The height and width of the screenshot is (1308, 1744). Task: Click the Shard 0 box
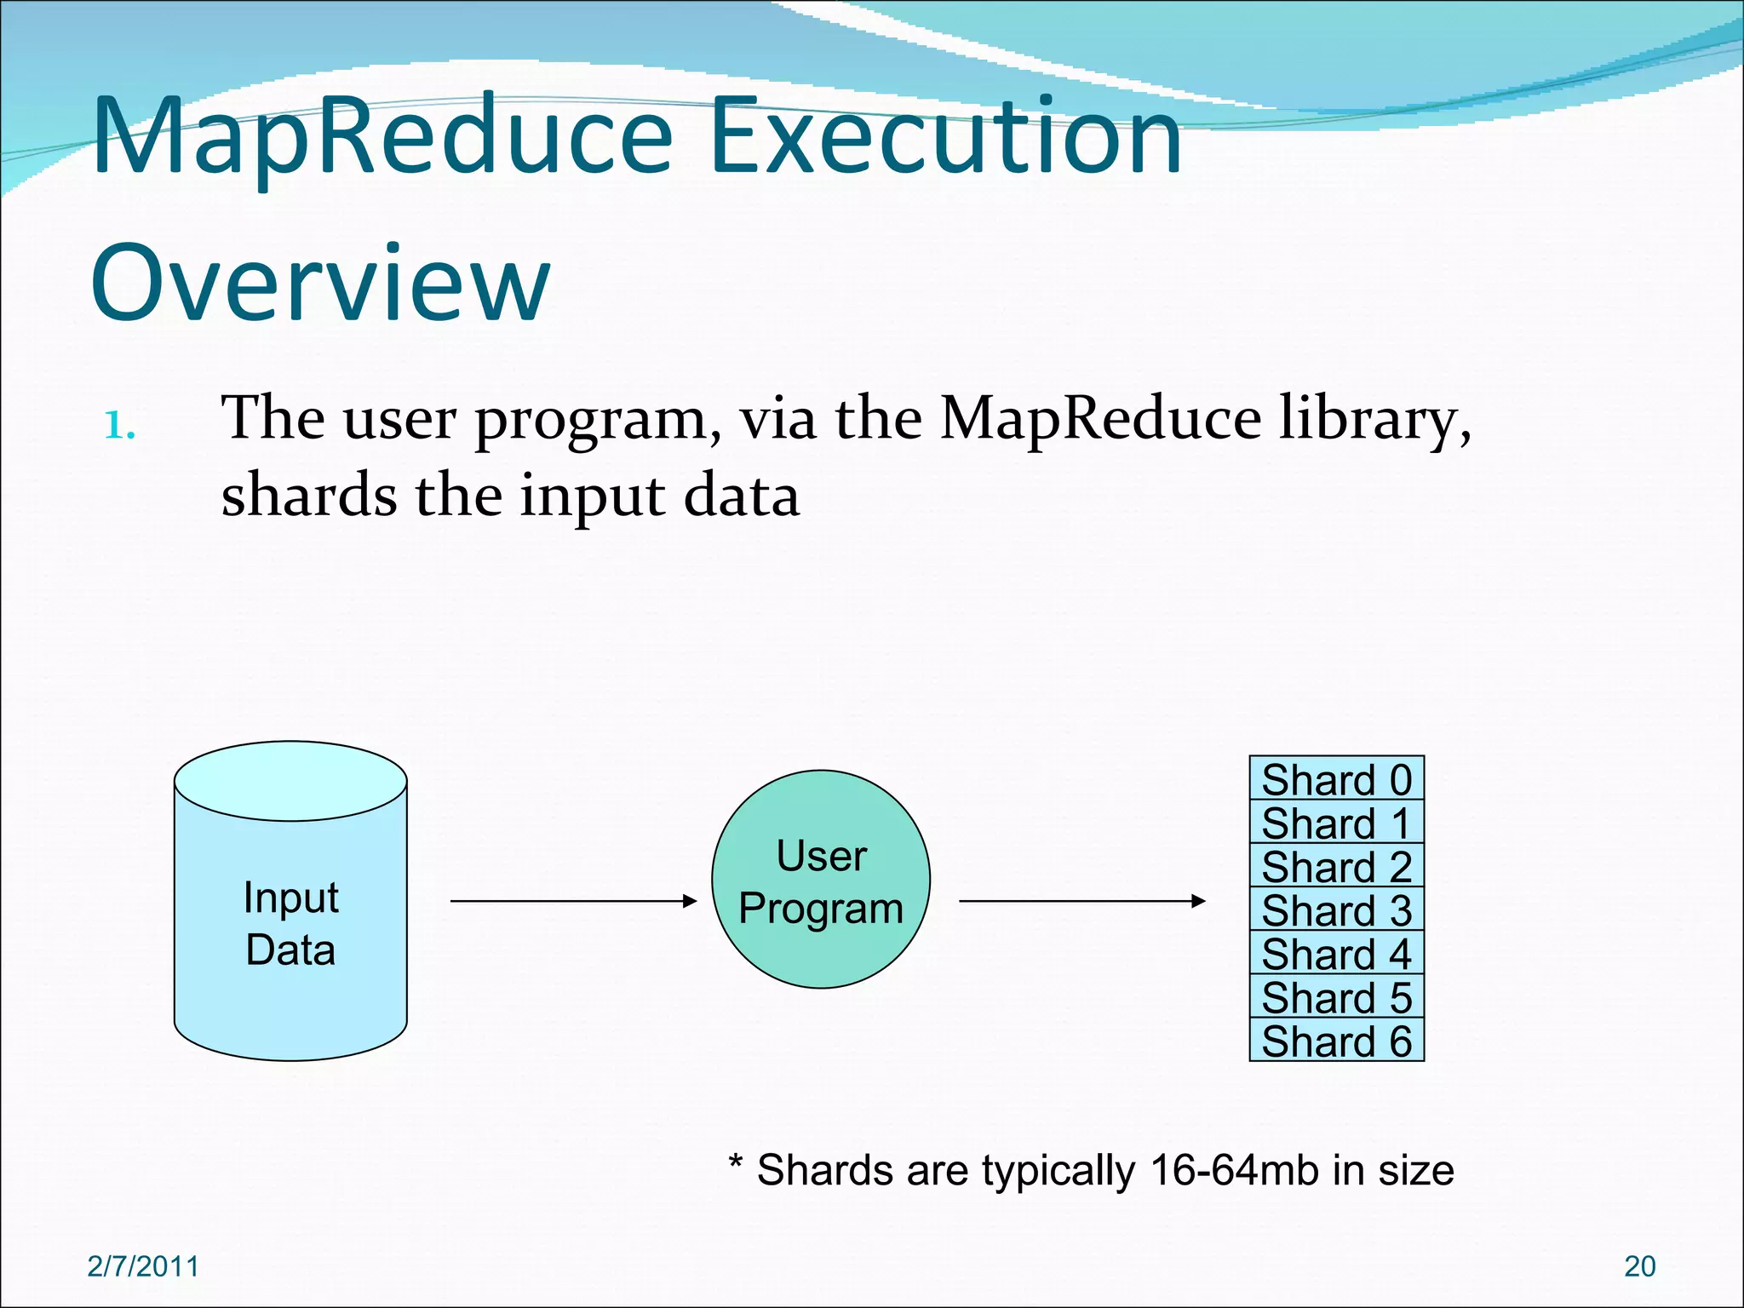click(1336, 778)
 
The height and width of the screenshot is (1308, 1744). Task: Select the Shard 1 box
click(1336, 822)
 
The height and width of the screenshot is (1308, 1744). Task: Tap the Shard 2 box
click(1336, 866)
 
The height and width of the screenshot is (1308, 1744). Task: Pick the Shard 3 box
click(1336, 909)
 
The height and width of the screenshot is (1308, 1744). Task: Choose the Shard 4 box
click(1336, 953)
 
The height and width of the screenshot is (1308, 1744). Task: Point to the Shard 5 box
click(1336, 996)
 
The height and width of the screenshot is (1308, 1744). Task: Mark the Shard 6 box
click(1336, 1040)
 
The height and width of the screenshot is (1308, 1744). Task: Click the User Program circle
click(821, 880)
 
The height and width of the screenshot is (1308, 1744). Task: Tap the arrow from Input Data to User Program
click(573, 901)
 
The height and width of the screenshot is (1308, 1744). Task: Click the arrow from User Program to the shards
click(1081, 901)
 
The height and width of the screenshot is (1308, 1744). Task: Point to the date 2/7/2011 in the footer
click(143, 1266)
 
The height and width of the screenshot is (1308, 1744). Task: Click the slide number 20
click(1639, 1266)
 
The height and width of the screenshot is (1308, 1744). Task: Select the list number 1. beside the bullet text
click(119, 425)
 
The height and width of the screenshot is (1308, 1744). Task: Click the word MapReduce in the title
click(383, 138)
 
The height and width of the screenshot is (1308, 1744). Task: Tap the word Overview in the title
click(319, 284)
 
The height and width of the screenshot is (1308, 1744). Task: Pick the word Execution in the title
click(945, 138)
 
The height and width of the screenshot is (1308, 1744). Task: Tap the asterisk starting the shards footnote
click(737, 1163)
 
